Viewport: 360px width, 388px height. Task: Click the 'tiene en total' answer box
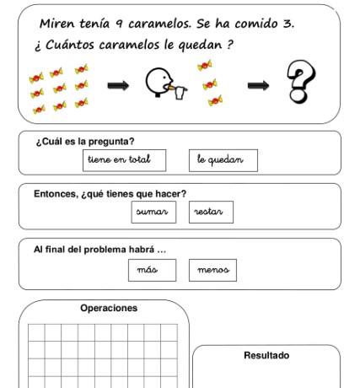(x=125, y=159)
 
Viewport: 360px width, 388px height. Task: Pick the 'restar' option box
(x=211, y=212)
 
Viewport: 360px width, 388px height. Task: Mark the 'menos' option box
(x=213, y=270)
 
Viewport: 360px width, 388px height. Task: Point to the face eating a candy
(x=161, y=84)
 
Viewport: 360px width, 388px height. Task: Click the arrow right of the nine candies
(x=118, y=84)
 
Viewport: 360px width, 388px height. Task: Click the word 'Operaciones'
(x=109, y=309)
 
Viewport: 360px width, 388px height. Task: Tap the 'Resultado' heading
(x=266, y=355)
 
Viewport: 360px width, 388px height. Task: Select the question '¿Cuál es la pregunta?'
(x=84, y=141)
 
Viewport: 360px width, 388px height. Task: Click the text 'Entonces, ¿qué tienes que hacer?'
(x=110, y=193)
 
